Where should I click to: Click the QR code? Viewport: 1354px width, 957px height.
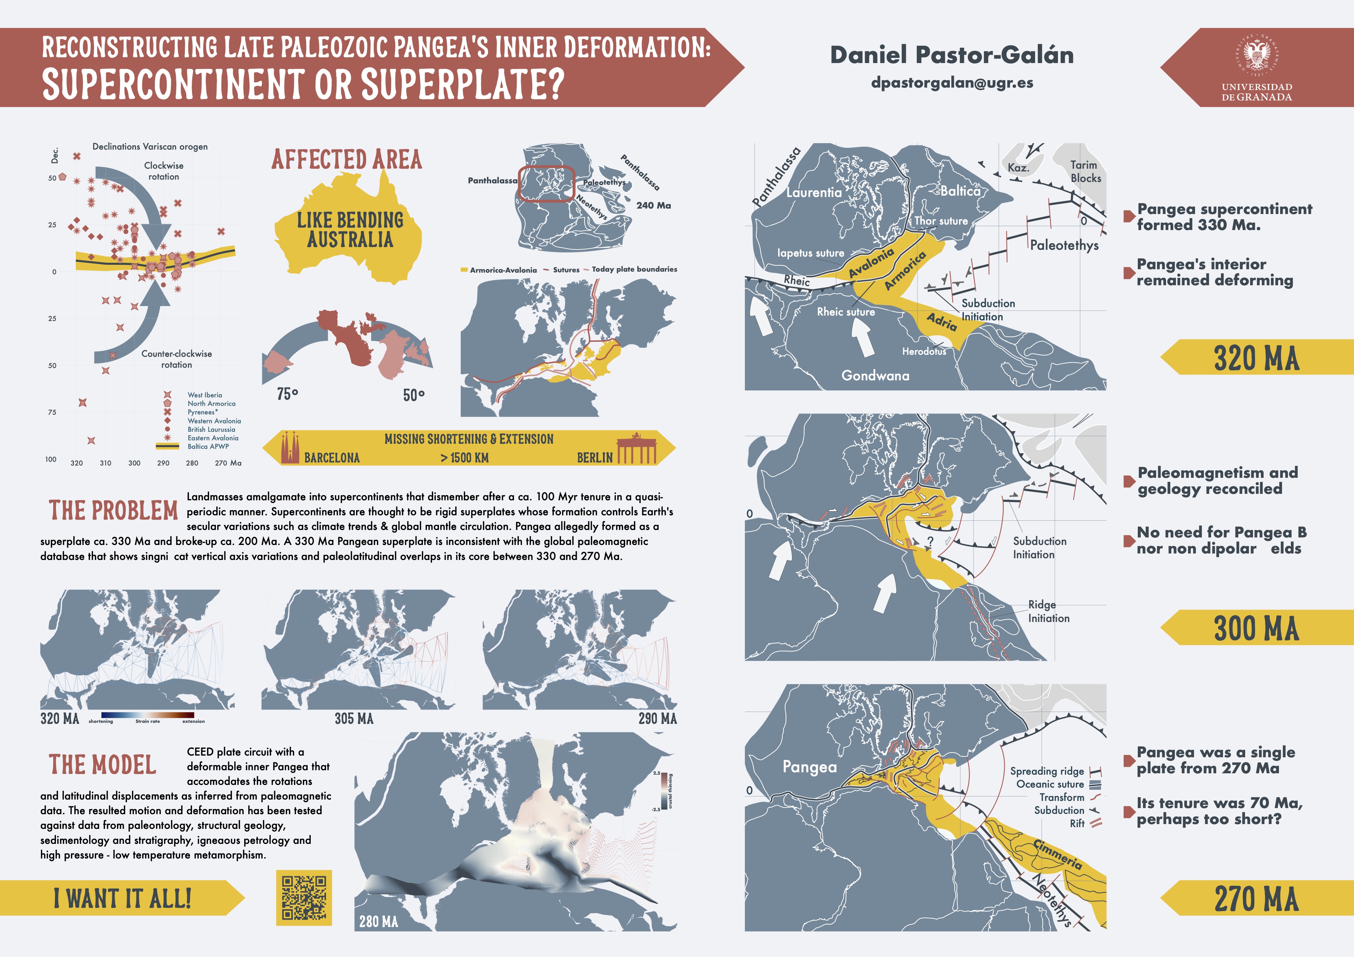(304, 897)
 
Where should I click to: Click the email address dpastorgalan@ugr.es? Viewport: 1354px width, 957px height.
(952, 82)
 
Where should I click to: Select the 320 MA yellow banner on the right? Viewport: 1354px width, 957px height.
(1256, 357)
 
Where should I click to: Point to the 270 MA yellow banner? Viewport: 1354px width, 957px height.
(1256, 898)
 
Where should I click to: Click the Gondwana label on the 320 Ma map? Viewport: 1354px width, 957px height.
(875, 375)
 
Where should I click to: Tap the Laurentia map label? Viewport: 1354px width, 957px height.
(814, 192)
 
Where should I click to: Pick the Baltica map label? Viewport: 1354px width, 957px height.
(960, 190)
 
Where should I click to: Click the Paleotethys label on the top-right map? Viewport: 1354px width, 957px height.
(1064, 245)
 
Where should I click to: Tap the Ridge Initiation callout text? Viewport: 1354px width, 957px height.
(1048, 611)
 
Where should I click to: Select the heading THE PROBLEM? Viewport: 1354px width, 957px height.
(113, 510)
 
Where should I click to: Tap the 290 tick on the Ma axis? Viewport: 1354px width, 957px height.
(163, 463)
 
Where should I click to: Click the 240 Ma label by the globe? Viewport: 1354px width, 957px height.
(653, 205)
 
